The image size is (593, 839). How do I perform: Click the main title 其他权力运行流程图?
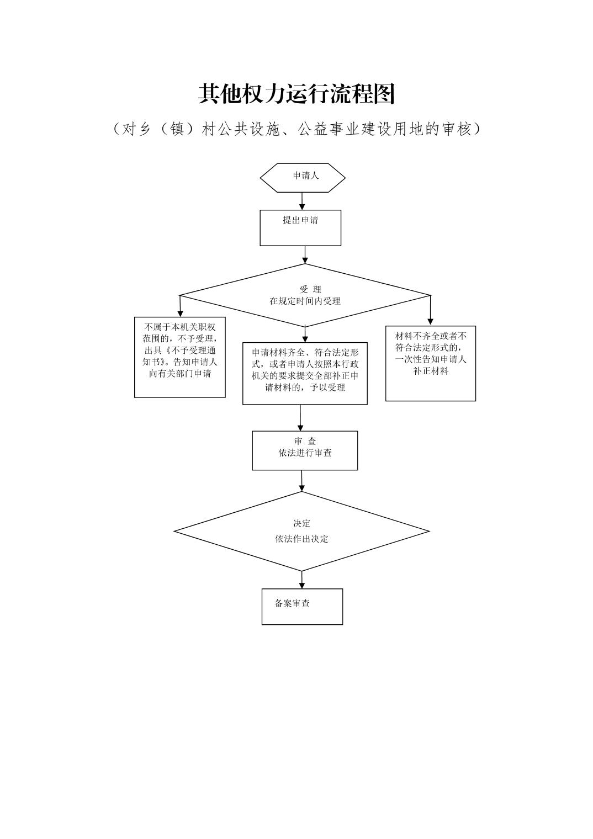296,94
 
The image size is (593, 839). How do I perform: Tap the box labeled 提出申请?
300,227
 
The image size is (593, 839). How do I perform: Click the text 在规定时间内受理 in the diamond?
305,301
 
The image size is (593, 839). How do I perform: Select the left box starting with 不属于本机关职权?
179,357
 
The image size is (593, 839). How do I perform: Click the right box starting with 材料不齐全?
430,363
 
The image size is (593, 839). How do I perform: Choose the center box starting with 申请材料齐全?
305,373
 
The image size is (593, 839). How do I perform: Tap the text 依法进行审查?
305,453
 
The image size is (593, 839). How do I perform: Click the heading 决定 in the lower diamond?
301,523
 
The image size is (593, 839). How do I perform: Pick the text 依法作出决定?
301,539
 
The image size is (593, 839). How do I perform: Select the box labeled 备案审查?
302,606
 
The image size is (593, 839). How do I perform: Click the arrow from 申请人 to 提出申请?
302,201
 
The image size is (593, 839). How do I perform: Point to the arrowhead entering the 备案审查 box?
302,585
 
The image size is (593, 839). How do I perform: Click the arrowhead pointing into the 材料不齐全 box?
431,321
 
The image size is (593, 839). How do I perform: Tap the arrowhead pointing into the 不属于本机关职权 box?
180,313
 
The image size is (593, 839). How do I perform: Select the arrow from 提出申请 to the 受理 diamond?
305,255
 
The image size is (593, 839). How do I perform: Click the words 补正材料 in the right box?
431,371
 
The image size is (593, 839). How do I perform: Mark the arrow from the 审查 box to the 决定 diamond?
302,481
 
